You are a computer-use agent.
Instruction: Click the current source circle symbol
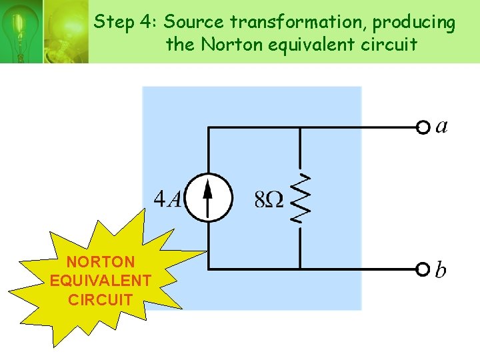coord(208,197)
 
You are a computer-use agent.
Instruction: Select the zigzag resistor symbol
coord(300,198)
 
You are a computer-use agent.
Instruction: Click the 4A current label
coord(167,199)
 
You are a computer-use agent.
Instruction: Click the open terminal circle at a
coord(423,127)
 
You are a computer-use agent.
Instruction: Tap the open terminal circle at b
coord(423,269)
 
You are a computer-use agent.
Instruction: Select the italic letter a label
coord(441,126)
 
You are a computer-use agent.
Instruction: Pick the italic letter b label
coord(441,269)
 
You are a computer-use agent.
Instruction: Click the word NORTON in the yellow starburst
coord(101,262)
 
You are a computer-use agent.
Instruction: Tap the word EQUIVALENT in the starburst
coord(101,280)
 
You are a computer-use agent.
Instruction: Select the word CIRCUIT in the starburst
coord(101,299)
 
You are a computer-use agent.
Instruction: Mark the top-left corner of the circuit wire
coord(209,127)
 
